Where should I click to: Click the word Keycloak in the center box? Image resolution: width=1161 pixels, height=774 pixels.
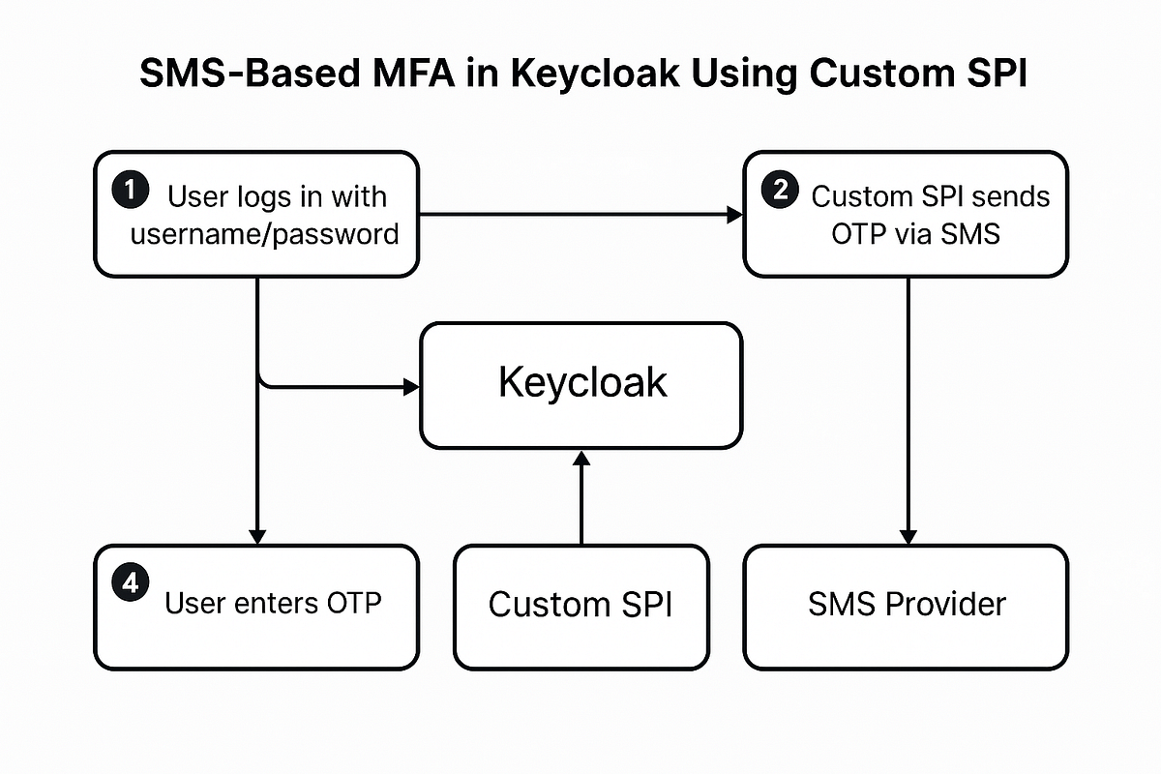pos(582,383)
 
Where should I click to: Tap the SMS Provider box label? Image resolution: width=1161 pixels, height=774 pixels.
pos(907,605)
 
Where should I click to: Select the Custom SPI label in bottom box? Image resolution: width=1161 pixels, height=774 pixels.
pos(580,605)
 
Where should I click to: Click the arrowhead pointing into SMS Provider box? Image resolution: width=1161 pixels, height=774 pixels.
pos(908,536)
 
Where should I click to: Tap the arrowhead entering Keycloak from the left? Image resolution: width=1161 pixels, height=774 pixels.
pos(411,387)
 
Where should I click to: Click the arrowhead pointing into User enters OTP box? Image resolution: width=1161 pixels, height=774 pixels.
pos(257,536)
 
